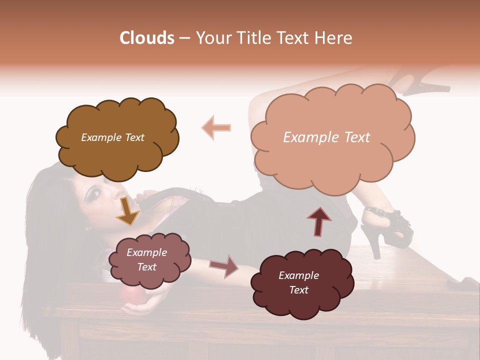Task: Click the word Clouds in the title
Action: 146,38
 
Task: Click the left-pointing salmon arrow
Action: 216,127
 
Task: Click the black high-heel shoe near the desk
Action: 388,230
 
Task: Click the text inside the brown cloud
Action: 112,137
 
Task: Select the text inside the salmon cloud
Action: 326,137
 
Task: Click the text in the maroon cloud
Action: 298,283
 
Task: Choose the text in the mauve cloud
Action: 147,260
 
